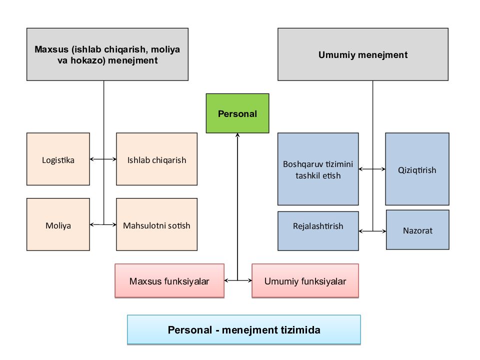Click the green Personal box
(237, 113)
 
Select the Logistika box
(58, 159)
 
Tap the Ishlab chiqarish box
(156, 159)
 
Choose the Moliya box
(58, 225)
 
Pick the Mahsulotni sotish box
(156, 225)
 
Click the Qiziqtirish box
(417, 169)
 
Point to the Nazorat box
(417, 230)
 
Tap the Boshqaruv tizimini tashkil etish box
(318, 169)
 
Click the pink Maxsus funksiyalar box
(169, 281)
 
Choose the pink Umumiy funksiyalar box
(305, 281)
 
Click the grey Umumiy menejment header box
(362, 54)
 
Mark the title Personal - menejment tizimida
(244, 330)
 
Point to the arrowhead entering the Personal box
(237, 136)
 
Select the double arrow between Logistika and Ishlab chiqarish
(103, 159)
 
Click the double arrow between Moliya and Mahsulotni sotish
(103, 225)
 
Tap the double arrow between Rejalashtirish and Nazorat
(372, 231)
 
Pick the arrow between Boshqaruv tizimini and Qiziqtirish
(372, 169)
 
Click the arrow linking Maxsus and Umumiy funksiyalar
(237, 281)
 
